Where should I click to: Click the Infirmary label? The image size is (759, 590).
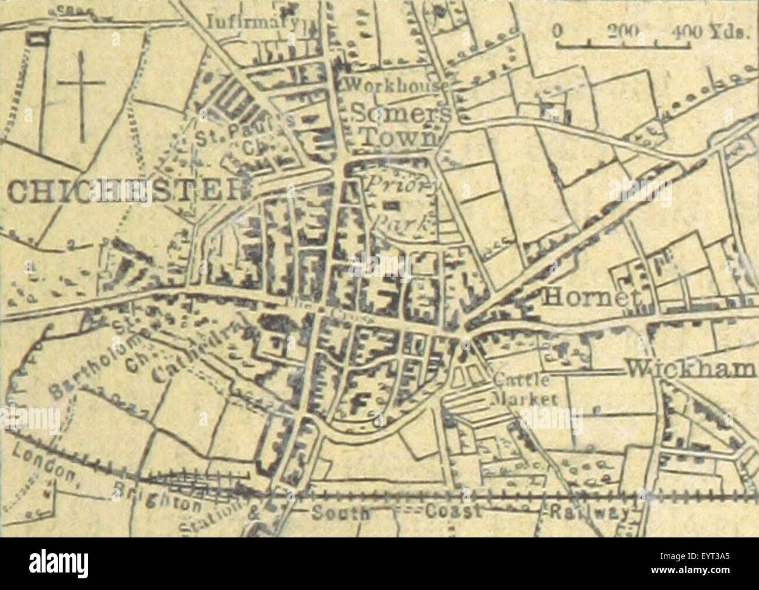[x=252, y=22]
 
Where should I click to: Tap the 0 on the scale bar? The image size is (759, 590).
[x=559, y=30]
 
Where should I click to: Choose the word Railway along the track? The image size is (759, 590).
[x=590, y=512]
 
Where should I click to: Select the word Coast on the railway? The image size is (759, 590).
[x=453, y=511]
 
